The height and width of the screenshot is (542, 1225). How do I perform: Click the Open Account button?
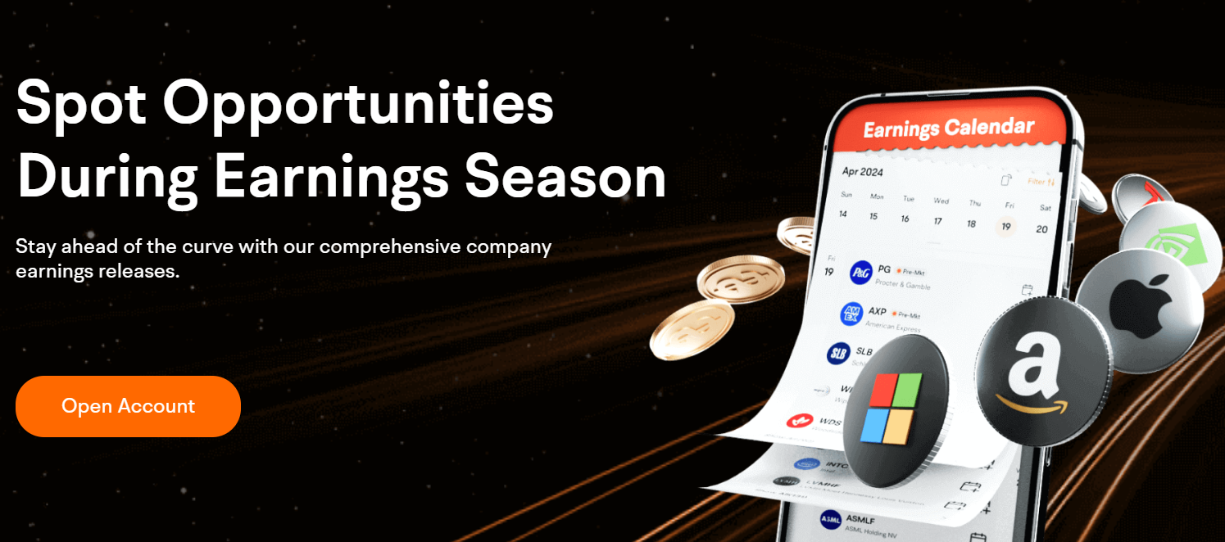point(128,406)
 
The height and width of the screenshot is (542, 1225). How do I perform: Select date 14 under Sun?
point(842,214)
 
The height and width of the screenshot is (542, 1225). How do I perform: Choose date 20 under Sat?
point(1041,229)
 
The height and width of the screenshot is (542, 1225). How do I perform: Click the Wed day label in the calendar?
point(941,201)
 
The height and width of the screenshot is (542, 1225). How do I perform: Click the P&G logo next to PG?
point(860,272)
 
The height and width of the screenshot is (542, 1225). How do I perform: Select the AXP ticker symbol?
point(877,312)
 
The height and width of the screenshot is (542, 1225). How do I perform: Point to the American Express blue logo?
point(852,314)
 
